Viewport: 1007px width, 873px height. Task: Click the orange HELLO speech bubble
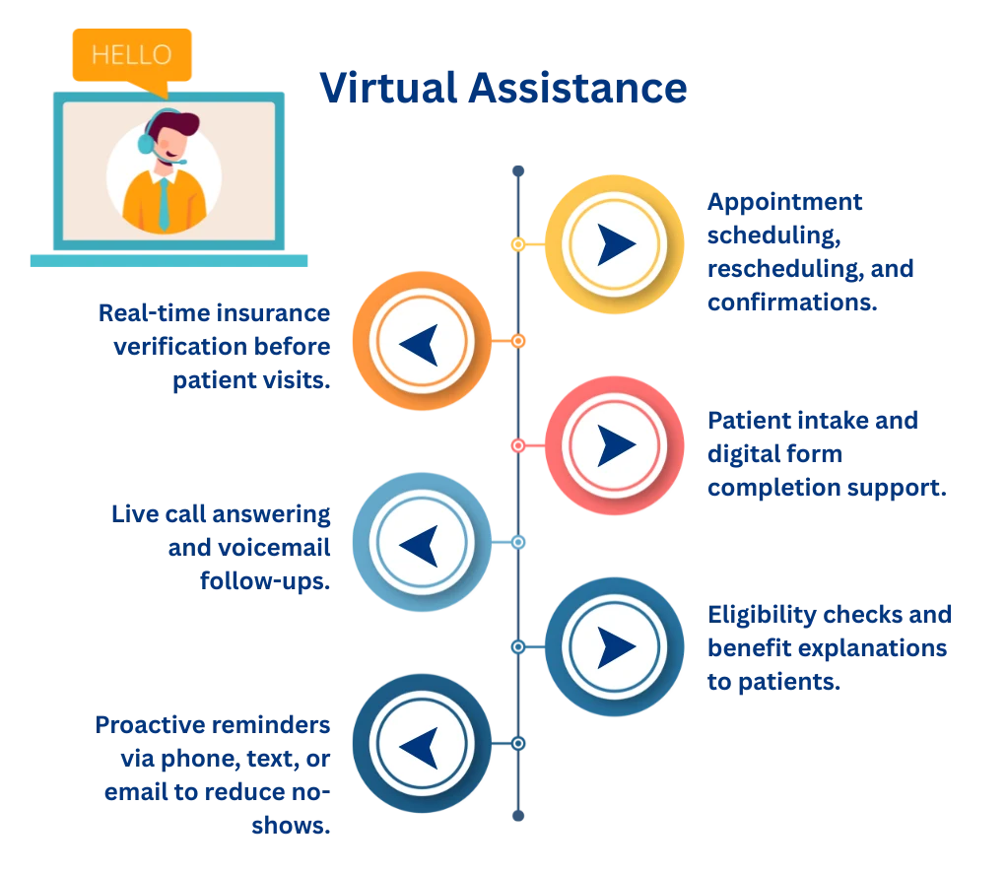click(131, 55)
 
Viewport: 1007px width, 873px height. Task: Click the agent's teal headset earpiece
click(146, 144)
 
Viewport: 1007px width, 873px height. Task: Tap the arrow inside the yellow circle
click(616, 243)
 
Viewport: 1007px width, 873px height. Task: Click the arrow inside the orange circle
click(420, 344)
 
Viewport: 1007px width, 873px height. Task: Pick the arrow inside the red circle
click(616, 444)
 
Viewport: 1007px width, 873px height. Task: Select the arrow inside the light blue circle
click(420, 544)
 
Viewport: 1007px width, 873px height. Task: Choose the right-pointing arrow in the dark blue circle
click(616, 646)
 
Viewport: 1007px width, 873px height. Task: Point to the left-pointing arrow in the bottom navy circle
click(420, 743)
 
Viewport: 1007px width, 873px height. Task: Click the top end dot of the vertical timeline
click(517, 170)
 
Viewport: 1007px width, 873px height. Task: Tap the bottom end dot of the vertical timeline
click(517, 816)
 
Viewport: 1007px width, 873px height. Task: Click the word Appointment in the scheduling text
click(785, 202)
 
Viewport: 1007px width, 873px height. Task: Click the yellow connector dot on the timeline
click(515, 243)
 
